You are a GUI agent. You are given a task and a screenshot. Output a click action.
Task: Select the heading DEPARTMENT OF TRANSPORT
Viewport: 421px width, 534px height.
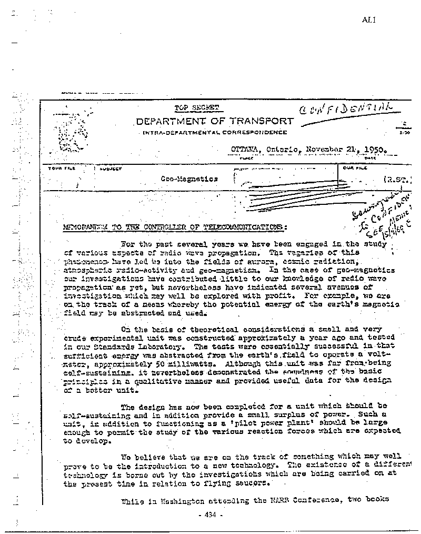[x=214, y=121]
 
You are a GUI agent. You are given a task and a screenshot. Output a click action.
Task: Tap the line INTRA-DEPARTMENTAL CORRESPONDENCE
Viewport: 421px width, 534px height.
[x=215, y=133]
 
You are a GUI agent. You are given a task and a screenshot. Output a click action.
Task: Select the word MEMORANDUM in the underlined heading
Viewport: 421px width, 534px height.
[x=88, y=227]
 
